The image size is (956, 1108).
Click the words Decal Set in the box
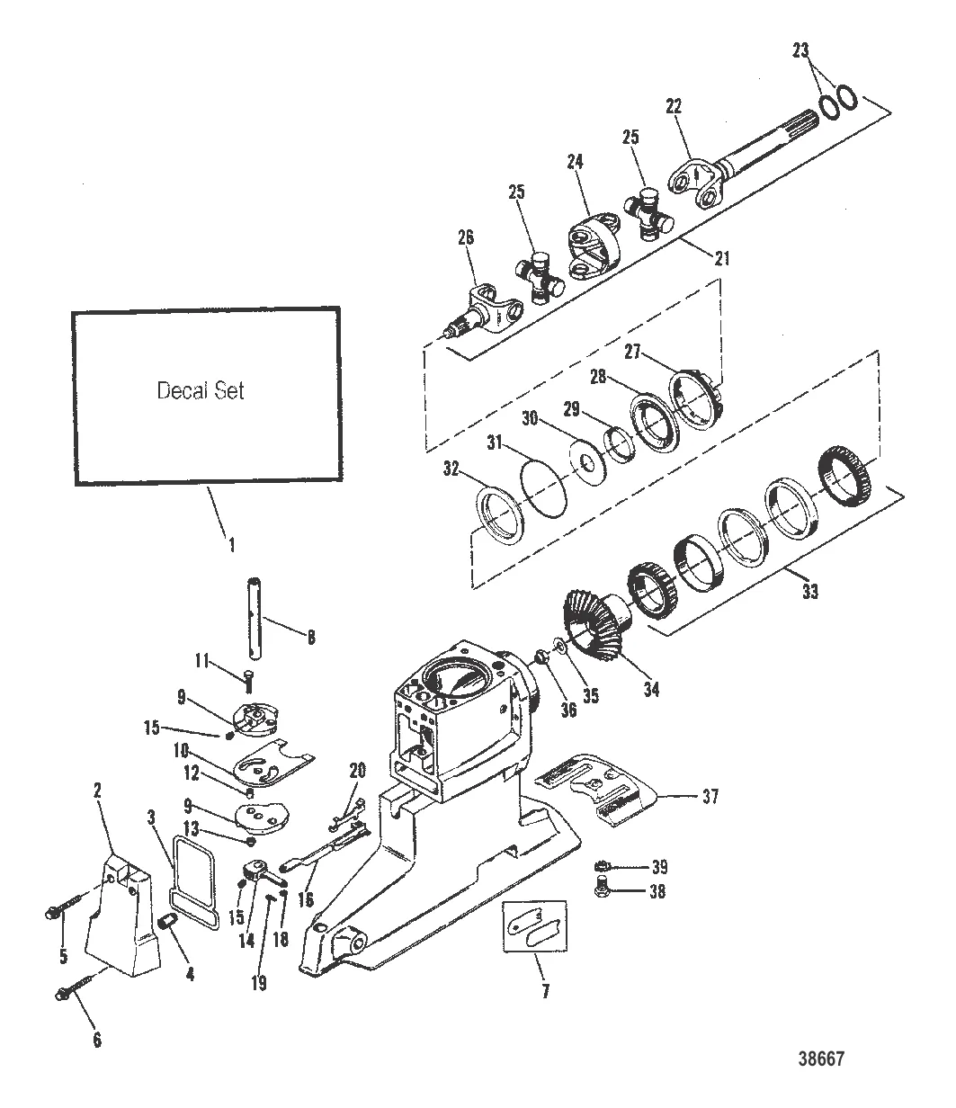pyautogui.click(x=200, y=391)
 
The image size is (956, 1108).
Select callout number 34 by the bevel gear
pyautogui.click(x=650, y=690)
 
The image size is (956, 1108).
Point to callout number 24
pyautogui.click(x=576, y=162)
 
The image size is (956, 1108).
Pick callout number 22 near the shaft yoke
pyautogui.click(x=675, y=105)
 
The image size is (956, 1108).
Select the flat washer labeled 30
pyautogui.click(x=587, y=462)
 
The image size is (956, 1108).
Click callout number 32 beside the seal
pyautogui.click(x=451, y=469)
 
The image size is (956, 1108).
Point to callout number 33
pyautogui.click(x=810, y=593)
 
